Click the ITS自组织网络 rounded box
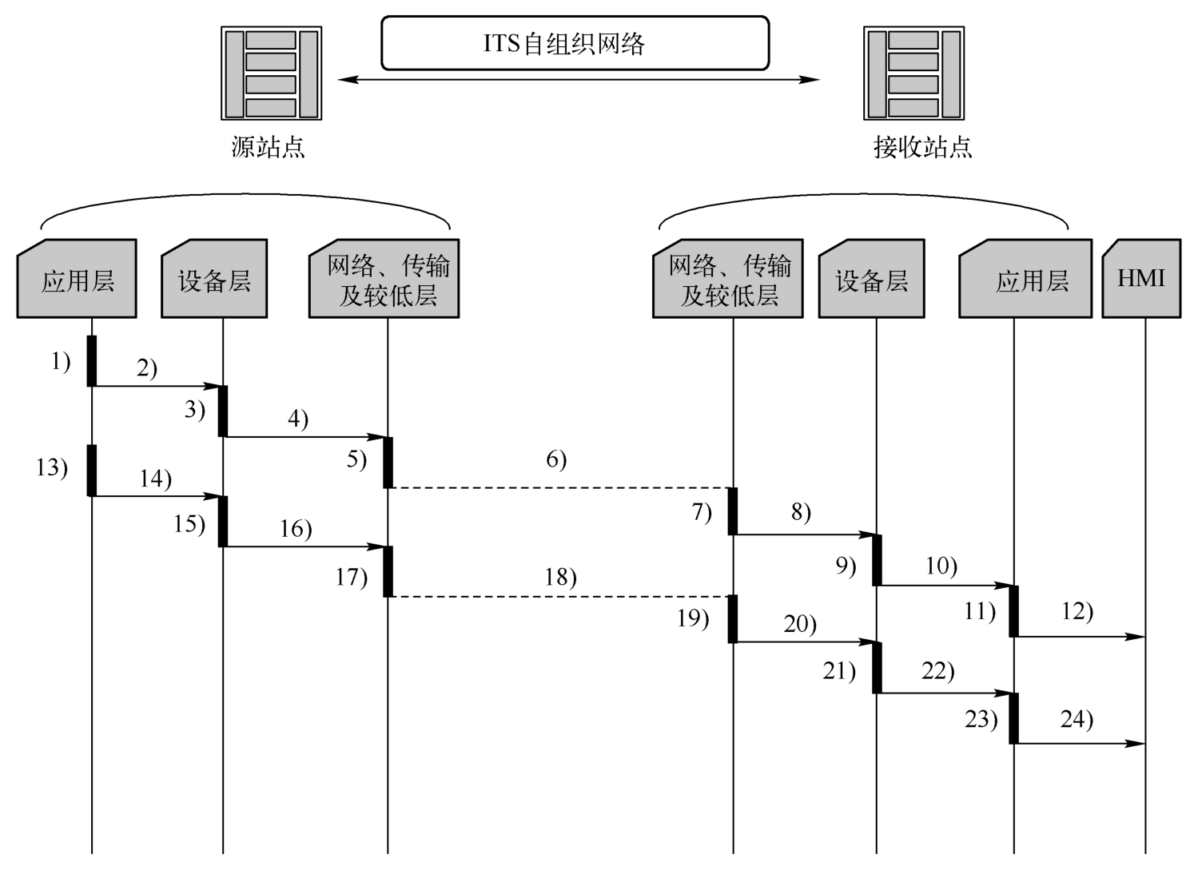[575, 43]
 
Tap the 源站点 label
[268, 147]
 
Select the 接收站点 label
[923, 147]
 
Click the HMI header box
[1141, 279]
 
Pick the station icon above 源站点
[271, 73]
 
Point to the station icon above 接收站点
[913, 73]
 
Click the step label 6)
[556, 459]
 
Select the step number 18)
[560, 578]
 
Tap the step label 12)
[1077, 611]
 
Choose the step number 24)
[1077, 719]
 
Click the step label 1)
[61, 362]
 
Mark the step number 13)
[52, 468]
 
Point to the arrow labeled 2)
[157, 386]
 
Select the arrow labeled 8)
[805, 534]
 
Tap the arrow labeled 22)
[945, 693]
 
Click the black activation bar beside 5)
[388, 463]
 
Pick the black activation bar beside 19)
[733, 619]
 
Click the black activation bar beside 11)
[1014, 611]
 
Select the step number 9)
[846, 566]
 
